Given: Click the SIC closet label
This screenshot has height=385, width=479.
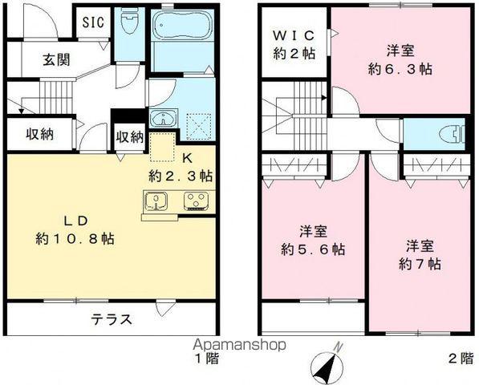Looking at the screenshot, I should (x=93, y=22).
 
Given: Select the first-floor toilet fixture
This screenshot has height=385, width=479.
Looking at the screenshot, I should (x=128, y=23).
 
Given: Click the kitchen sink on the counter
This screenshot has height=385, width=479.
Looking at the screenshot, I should (x=154, y=201).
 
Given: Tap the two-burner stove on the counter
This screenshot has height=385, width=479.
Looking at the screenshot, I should (x=195, y=201).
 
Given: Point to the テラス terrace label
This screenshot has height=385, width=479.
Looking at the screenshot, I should (x=112, y=318).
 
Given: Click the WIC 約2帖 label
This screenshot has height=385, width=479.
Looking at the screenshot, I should (x=294, y=44).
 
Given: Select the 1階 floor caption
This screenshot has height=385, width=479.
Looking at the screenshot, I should (x=205, y=359).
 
